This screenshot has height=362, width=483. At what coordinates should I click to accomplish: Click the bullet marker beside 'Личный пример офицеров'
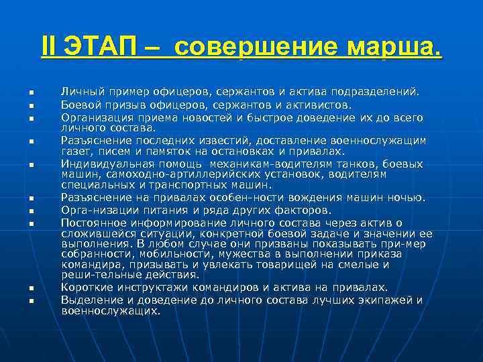coord(30,92)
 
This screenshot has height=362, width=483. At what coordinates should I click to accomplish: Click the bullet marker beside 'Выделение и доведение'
coord(30,301)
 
